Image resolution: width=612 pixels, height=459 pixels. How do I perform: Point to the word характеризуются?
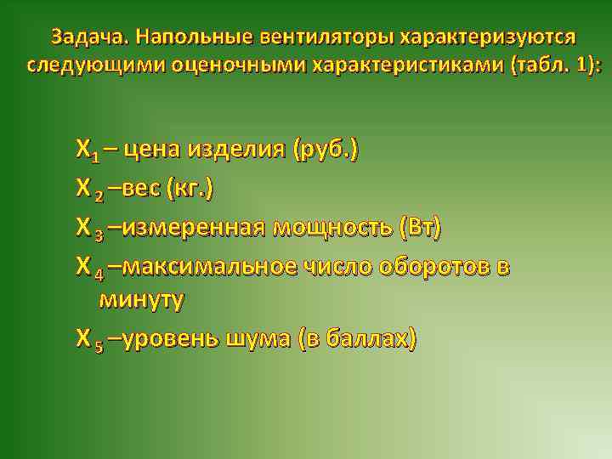coord(489,38)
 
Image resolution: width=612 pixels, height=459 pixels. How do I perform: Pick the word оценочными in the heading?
coord(225,65)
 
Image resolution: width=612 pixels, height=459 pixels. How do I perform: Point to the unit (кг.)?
coord(190,189)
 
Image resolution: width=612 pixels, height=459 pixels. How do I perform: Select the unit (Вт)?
coord(418,227)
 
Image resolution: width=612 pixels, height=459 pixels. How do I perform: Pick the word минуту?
coord(142,299)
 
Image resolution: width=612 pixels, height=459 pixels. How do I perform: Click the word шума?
coord(258,338)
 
